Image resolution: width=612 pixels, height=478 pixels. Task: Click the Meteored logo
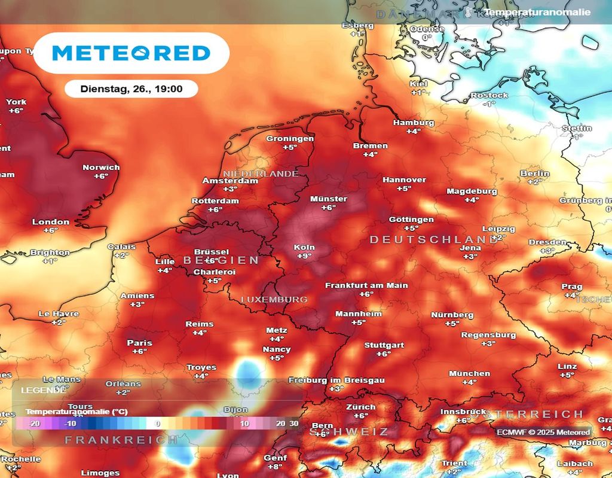[x=131, y=53]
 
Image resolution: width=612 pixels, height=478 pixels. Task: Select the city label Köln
[x=304, y=247]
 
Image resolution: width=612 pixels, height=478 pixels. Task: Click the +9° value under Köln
[x=304, y=256]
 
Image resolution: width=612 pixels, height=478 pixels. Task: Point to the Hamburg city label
[x=414, y=123]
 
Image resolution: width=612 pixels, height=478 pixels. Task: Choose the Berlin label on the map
[x=534, y=173]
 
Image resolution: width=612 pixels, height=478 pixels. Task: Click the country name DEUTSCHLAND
[x=433, y=240]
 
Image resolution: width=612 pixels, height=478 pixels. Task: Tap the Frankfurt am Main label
[x=366, y=285]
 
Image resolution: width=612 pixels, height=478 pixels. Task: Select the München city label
[x=469, y=373]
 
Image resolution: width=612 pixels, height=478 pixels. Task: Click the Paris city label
[x=139, y=343]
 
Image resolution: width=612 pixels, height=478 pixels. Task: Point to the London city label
[x=51, y=222]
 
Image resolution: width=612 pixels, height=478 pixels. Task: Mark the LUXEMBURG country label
[x=274, y=299]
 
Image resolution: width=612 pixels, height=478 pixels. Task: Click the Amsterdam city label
[x=230, y=181]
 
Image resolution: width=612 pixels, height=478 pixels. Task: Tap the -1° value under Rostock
[x=489, y=104]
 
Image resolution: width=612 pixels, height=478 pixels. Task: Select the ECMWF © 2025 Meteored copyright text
[x=543, y=432]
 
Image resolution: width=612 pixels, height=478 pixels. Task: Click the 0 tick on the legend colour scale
[x=158, y=424]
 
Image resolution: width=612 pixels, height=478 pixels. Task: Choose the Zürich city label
[x=361, y=407]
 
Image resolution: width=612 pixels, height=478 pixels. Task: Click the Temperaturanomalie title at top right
[x=537, y=12]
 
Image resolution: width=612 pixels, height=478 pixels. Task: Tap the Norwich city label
[x=101, y=168]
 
